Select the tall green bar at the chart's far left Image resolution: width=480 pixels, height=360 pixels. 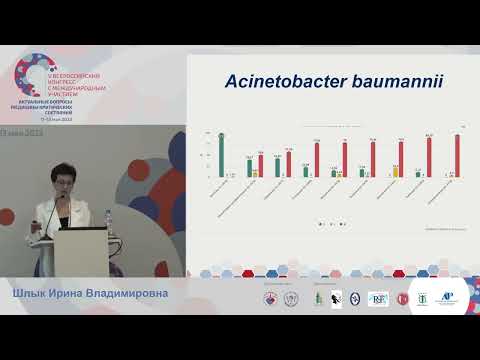click(221, 154)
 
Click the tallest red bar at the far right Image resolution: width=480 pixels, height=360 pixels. click(458, 155)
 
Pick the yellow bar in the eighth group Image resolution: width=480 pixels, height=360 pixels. click(396, 171)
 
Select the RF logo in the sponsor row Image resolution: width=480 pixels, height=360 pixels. click(378, 298)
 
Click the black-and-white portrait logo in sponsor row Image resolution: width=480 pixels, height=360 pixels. click(336, 298)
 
